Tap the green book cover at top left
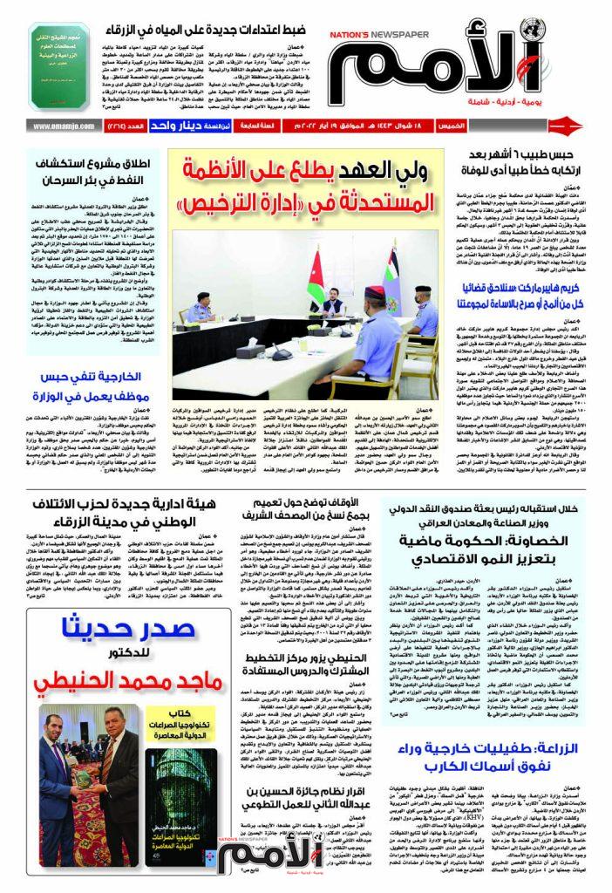pyautogui.click(x=62, y=66)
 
